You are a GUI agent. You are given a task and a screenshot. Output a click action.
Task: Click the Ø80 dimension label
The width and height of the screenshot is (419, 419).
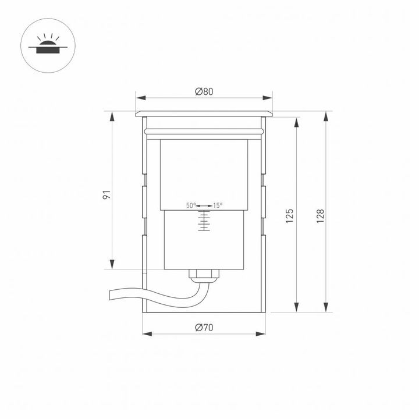point(204,91)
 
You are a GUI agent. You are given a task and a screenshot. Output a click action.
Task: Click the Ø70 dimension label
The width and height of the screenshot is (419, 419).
point(204,328)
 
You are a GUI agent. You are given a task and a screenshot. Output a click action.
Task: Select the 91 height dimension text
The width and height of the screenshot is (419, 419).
point(106,195)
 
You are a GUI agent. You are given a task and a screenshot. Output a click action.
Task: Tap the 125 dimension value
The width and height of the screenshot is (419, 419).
point(290,215)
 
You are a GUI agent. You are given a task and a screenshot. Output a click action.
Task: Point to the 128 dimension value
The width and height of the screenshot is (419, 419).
point(319,215)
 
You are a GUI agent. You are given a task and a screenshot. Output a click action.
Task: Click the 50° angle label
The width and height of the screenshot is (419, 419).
point(191,205)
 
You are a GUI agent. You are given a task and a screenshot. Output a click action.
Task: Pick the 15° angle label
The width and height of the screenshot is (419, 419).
point(217,205)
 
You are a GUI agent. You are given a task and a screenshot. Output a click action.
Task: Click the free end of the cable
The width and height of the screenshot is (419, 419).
point(109,296)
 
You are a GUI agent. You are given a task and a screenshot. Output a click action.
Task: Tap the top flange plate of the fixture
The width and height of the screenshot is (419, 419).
point(204,113)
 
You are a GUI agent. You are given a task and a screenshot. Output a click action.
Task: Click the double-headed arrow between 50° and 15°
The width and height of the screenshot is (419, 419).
point(204,205)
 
